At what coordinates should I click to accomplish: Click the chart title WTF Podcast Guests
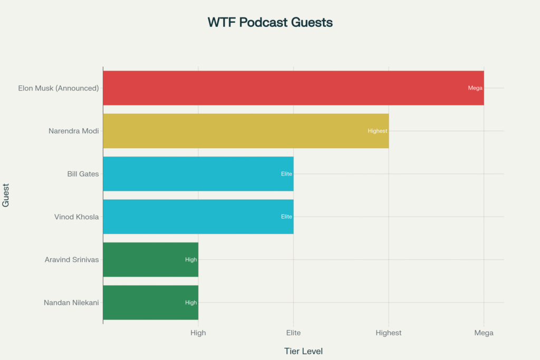pyautogui.click(x=270, y=23)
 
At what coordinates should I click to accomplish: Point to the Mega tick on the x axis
pyautogui.click(x=484, y=333)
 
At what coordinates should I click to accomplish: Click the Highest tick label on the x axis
pyautogui.click(x=389, y=333)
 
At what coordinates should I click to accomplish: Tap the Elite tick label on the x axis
pyautogui.click(x=293, y=333)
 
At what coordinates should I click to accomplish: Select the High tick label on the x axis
pyautogui.click(x=198, y=333)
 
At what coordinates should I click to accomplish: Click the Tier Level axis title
pyautogui.click(x=303, y=351)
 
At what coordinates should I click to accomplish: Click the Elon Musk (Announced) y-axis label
pyautogui.click(x=59, y=88)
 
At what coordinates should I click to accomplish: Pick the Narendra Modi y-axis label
pyautogui.click(x=73, y=131)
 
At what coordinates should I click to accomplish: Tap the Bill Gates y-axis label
pyautogui.click(x=83, y=174)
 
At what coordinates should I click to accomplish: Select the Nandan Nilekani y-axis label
pyautogui.click(x=71, y=303)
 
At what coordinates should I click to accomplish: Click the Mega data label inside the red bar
pyautogui.click(x=475, y=88)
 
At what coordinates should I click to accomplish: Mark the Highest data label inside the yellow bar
pyautogui.click(x=378, y=131)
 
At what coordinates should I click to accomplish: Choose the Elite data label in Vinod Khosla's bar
pyautogui.click(x=286, y=217)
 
